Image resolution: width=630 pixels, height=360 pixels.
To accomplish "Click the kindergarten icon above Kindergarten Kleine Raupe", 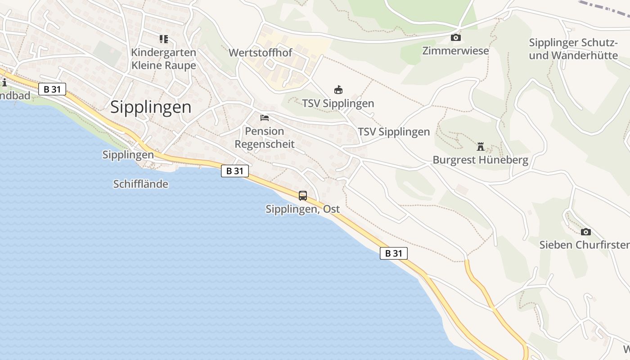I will (163, 39).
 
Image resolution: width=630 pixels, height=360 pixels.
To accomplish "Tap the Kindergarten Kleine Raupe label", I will (163, 59).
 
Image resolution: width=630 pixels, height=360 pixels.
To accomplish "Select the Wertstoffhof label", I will (260, 53).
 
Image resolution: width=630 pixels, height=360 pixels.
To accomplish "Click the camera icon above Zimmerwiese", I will (456, 37).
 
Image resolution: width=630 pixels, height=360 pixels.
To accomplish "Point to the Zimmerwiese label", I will (455, 50).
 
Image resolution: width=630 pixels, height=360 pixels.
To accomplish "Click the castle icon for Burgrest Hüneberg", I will (481, 147).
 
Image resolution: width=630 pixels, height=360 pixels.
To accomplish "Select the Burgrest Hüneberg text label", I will (480, 160).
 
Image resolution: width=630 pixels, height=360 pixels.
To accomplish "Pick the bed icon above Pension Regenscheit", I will (265, 118).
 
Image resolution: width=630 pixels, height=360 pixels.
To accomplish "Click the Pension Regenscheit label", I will (265, 138).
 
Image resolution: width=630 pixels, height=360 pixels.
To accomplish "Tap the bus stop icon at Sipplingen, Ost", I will (303, 196).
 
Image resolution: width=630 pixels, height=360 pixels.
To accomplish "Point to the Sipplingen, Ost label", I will (302, 209).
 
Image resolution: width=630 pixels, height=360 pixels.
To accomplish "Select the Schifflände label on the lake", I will (141, 184).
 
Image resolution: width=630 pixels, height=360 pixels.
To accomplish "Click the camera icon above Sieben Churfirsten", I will (585, 232).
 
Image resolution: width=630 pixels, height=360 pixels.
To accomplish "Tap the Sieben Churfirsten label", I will (584, 245).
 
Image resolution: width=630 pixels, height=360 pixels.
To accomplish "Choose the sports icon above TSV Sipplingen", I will (338, 90).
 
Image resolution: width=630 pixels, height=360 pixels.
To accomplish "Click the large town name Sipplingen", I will (151, 107).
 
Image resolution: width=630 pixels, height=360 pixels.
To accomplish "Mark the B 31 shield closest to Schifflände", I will (235, 171).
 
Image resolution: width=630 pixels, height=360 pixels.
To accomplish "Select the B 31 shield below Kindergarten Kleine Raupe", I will (52, 89).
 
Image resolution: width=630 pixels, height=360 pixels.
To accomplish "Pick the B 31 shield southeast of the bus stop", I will (394, 253).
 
